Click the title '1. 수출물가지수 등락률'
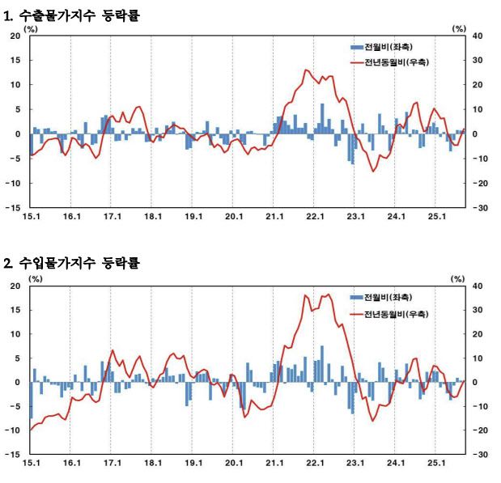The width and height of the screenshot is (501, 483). click(x=72, y=15)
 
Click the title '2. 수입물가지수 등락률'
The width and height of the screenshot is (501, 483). click(x=72, y=264)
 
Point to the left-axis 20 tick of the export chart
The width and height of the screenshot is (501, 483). click(x=15, y=36)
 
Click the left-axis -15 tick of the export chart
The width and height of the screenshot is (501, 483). click(x=14, y=208)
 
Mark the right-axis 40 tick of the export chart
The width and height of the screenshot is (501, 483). click(x=478, y=36)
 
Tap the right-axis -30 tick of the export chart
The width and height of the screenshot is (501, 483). click(x=479, y=208)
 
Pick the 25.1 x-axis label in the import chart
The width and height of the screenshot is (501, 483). click(x=437, y=464)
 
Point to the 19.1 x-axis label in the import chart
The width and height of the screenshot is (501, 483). click(x=193, y=464)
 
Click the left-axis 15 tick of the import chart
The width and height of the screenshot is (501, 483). click(x=15, y=310)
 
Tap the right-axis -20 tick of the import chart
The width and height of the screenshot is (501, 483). click(x=479, y=430)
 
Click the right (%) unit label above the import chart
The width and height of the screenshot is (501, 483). click(x=459, y=278)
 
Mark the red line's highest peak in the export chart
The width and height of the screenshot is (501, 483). click(x=306, y=70)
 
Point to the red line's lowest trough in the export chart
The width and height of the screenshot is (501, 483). click(x=373, y=171)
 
